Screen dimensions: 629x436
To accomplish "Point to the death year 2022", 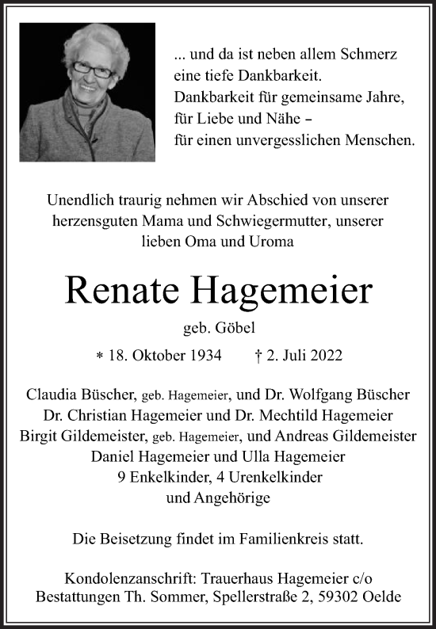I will point(324,355).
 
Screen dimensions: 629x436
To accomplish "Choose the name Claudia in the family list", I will point(54,394).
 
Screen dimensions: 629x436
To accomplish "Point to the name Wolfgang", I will point(322,394).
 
